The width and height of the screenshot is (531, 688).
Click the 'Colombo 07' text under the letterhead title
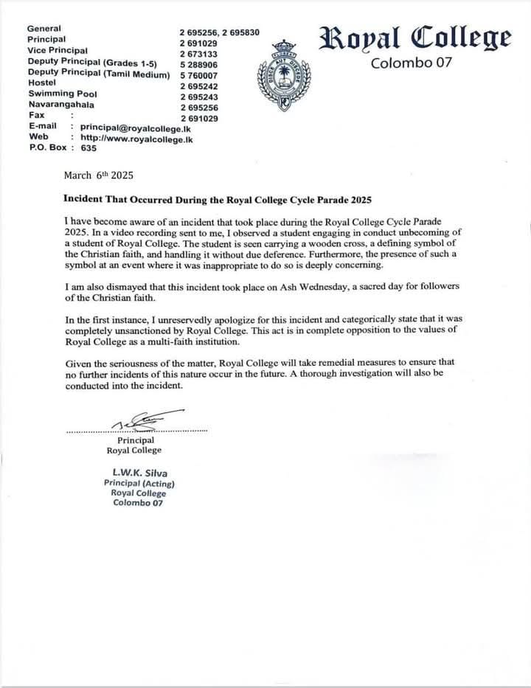point(411,63)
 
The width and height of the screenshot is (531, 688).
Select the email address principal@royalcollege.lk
point(136,127)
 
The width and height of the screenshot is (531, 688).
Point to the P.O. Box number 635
point(88,148)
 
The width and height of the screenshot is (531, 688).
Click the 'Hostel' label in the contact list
point(42,83)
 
